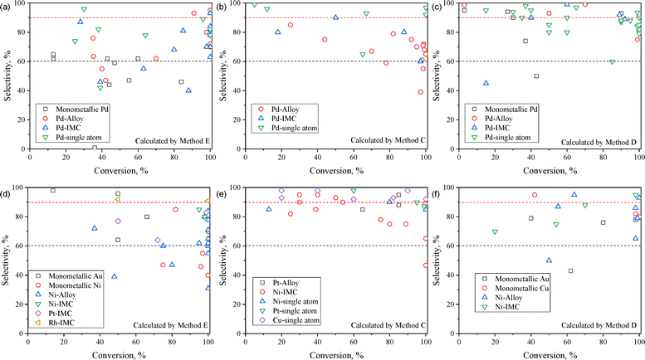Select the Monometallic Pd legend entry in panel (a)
point(75,109)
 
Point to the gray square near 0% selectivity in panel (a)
point(95,148)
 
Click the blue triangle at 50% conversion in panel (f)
point(549,260)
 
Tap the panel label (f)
point(437,193)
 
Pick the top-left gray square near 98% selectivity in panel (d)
point(53,190)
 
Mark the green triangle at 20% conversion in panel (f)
point(495,232)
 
